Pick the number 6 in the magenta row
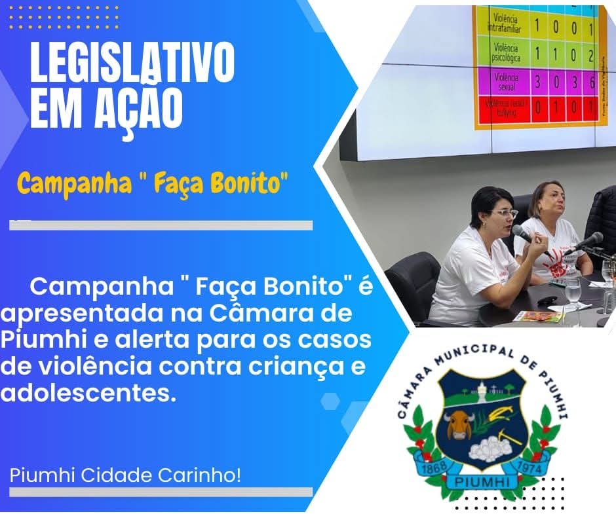pos(592,82)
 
